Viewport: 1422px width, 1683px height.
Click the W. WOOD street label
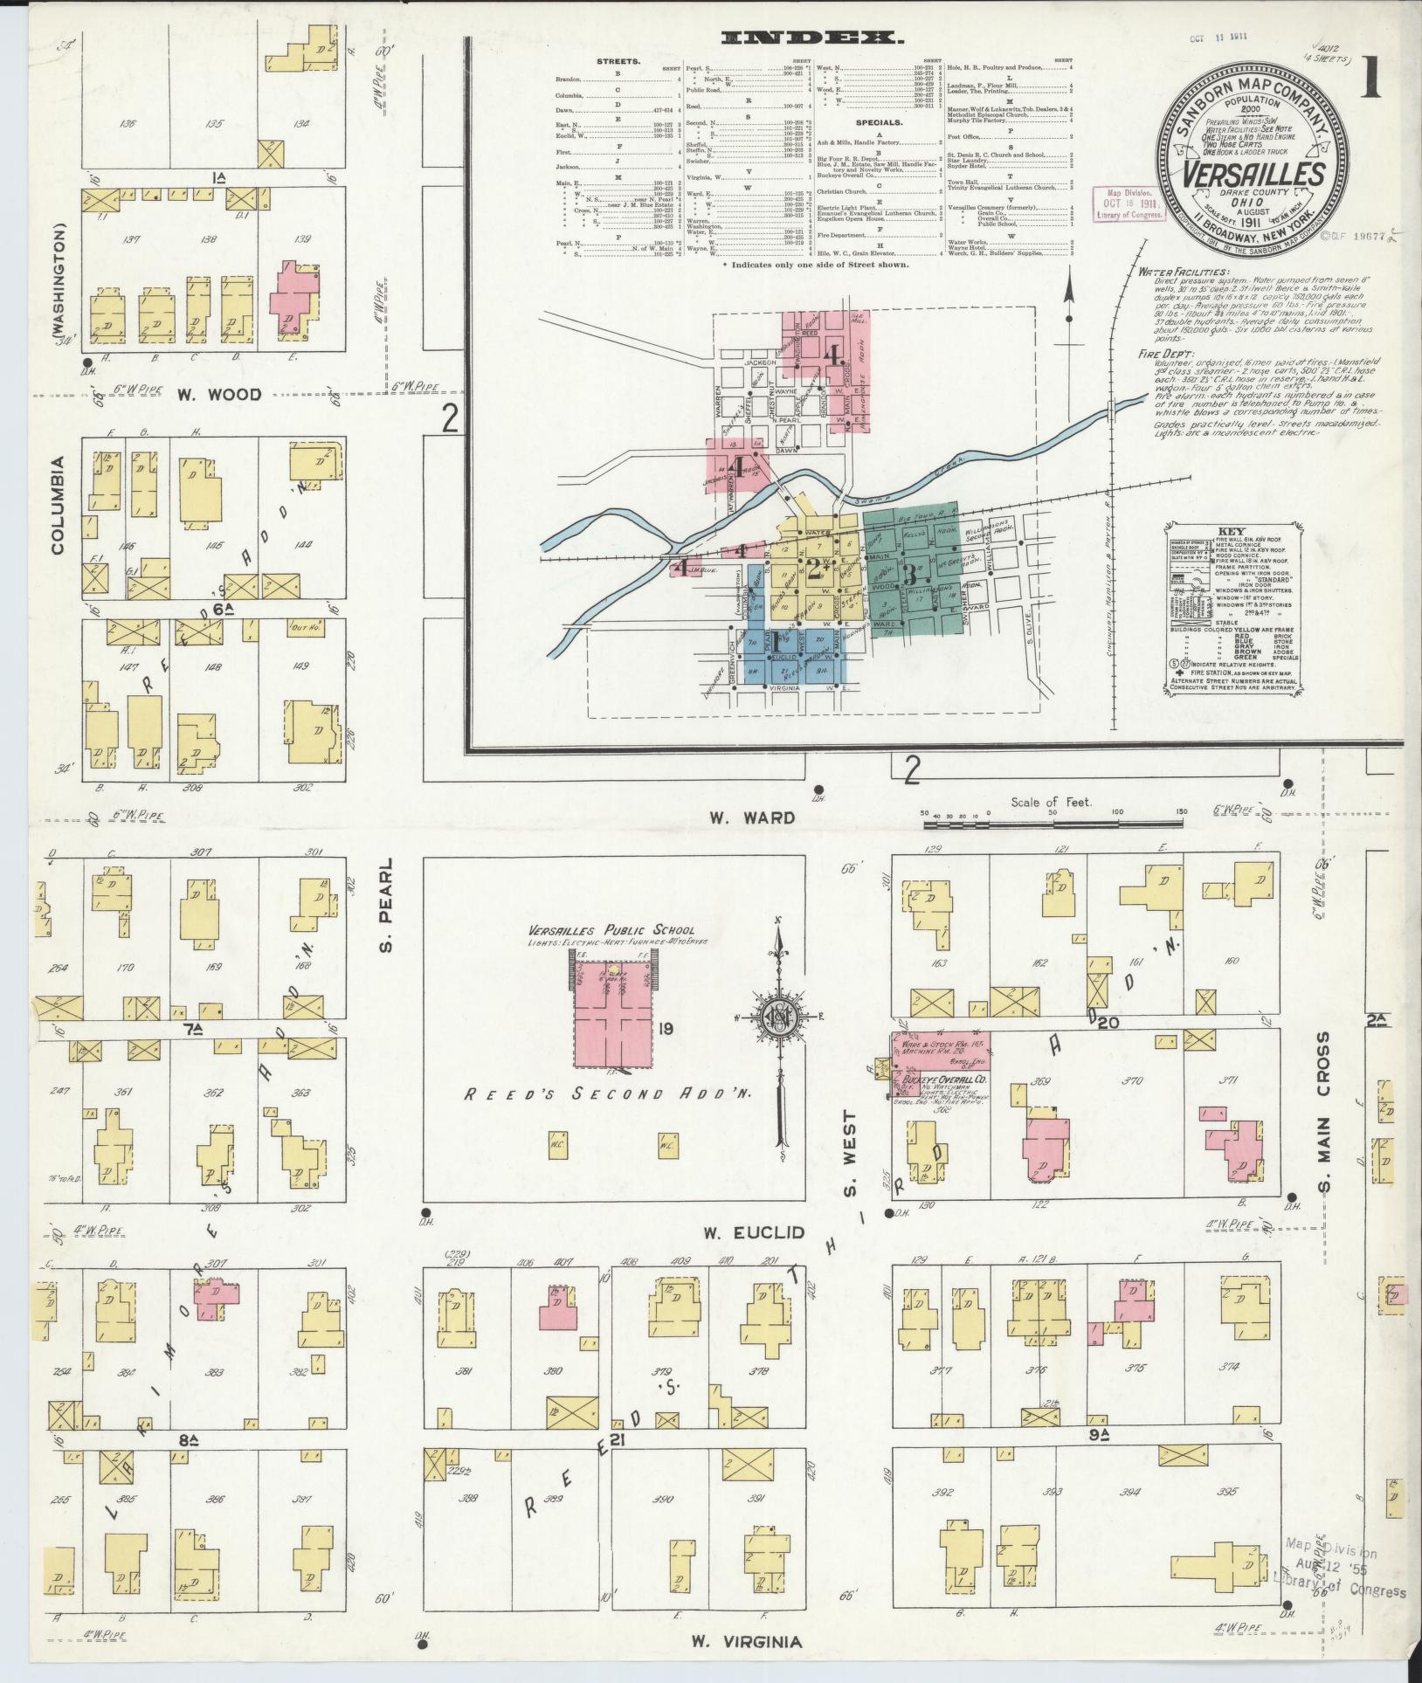[219, 395]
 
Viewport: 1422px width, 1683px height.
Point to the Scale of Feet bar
[1053, 813]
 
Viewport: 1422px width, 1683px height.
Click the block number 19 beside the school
[666, 1031]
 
